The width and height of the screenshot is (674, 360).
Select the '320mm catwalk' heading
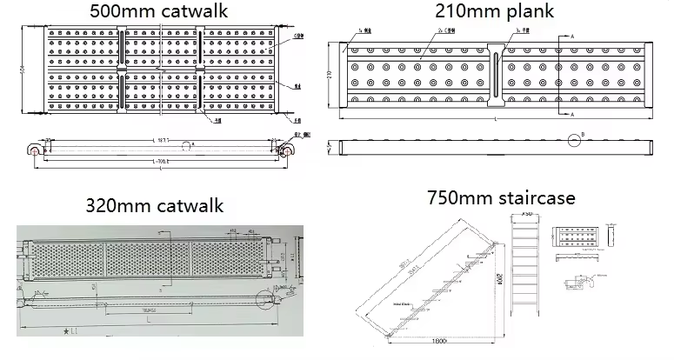click(x=154, y=206)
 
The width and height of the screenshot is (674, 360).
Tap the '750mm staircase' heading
click(x=500, y=197)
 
